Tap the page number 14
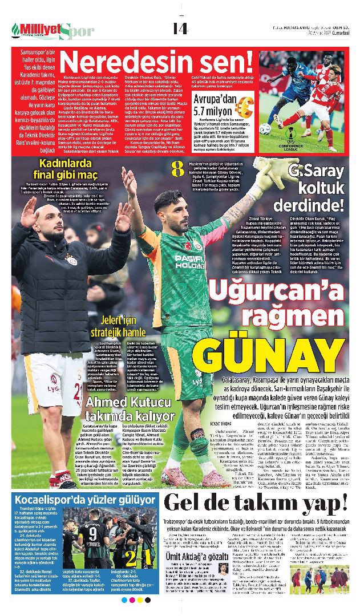180,28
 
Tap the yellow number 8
177,169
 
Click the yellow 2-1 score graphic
139,556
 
